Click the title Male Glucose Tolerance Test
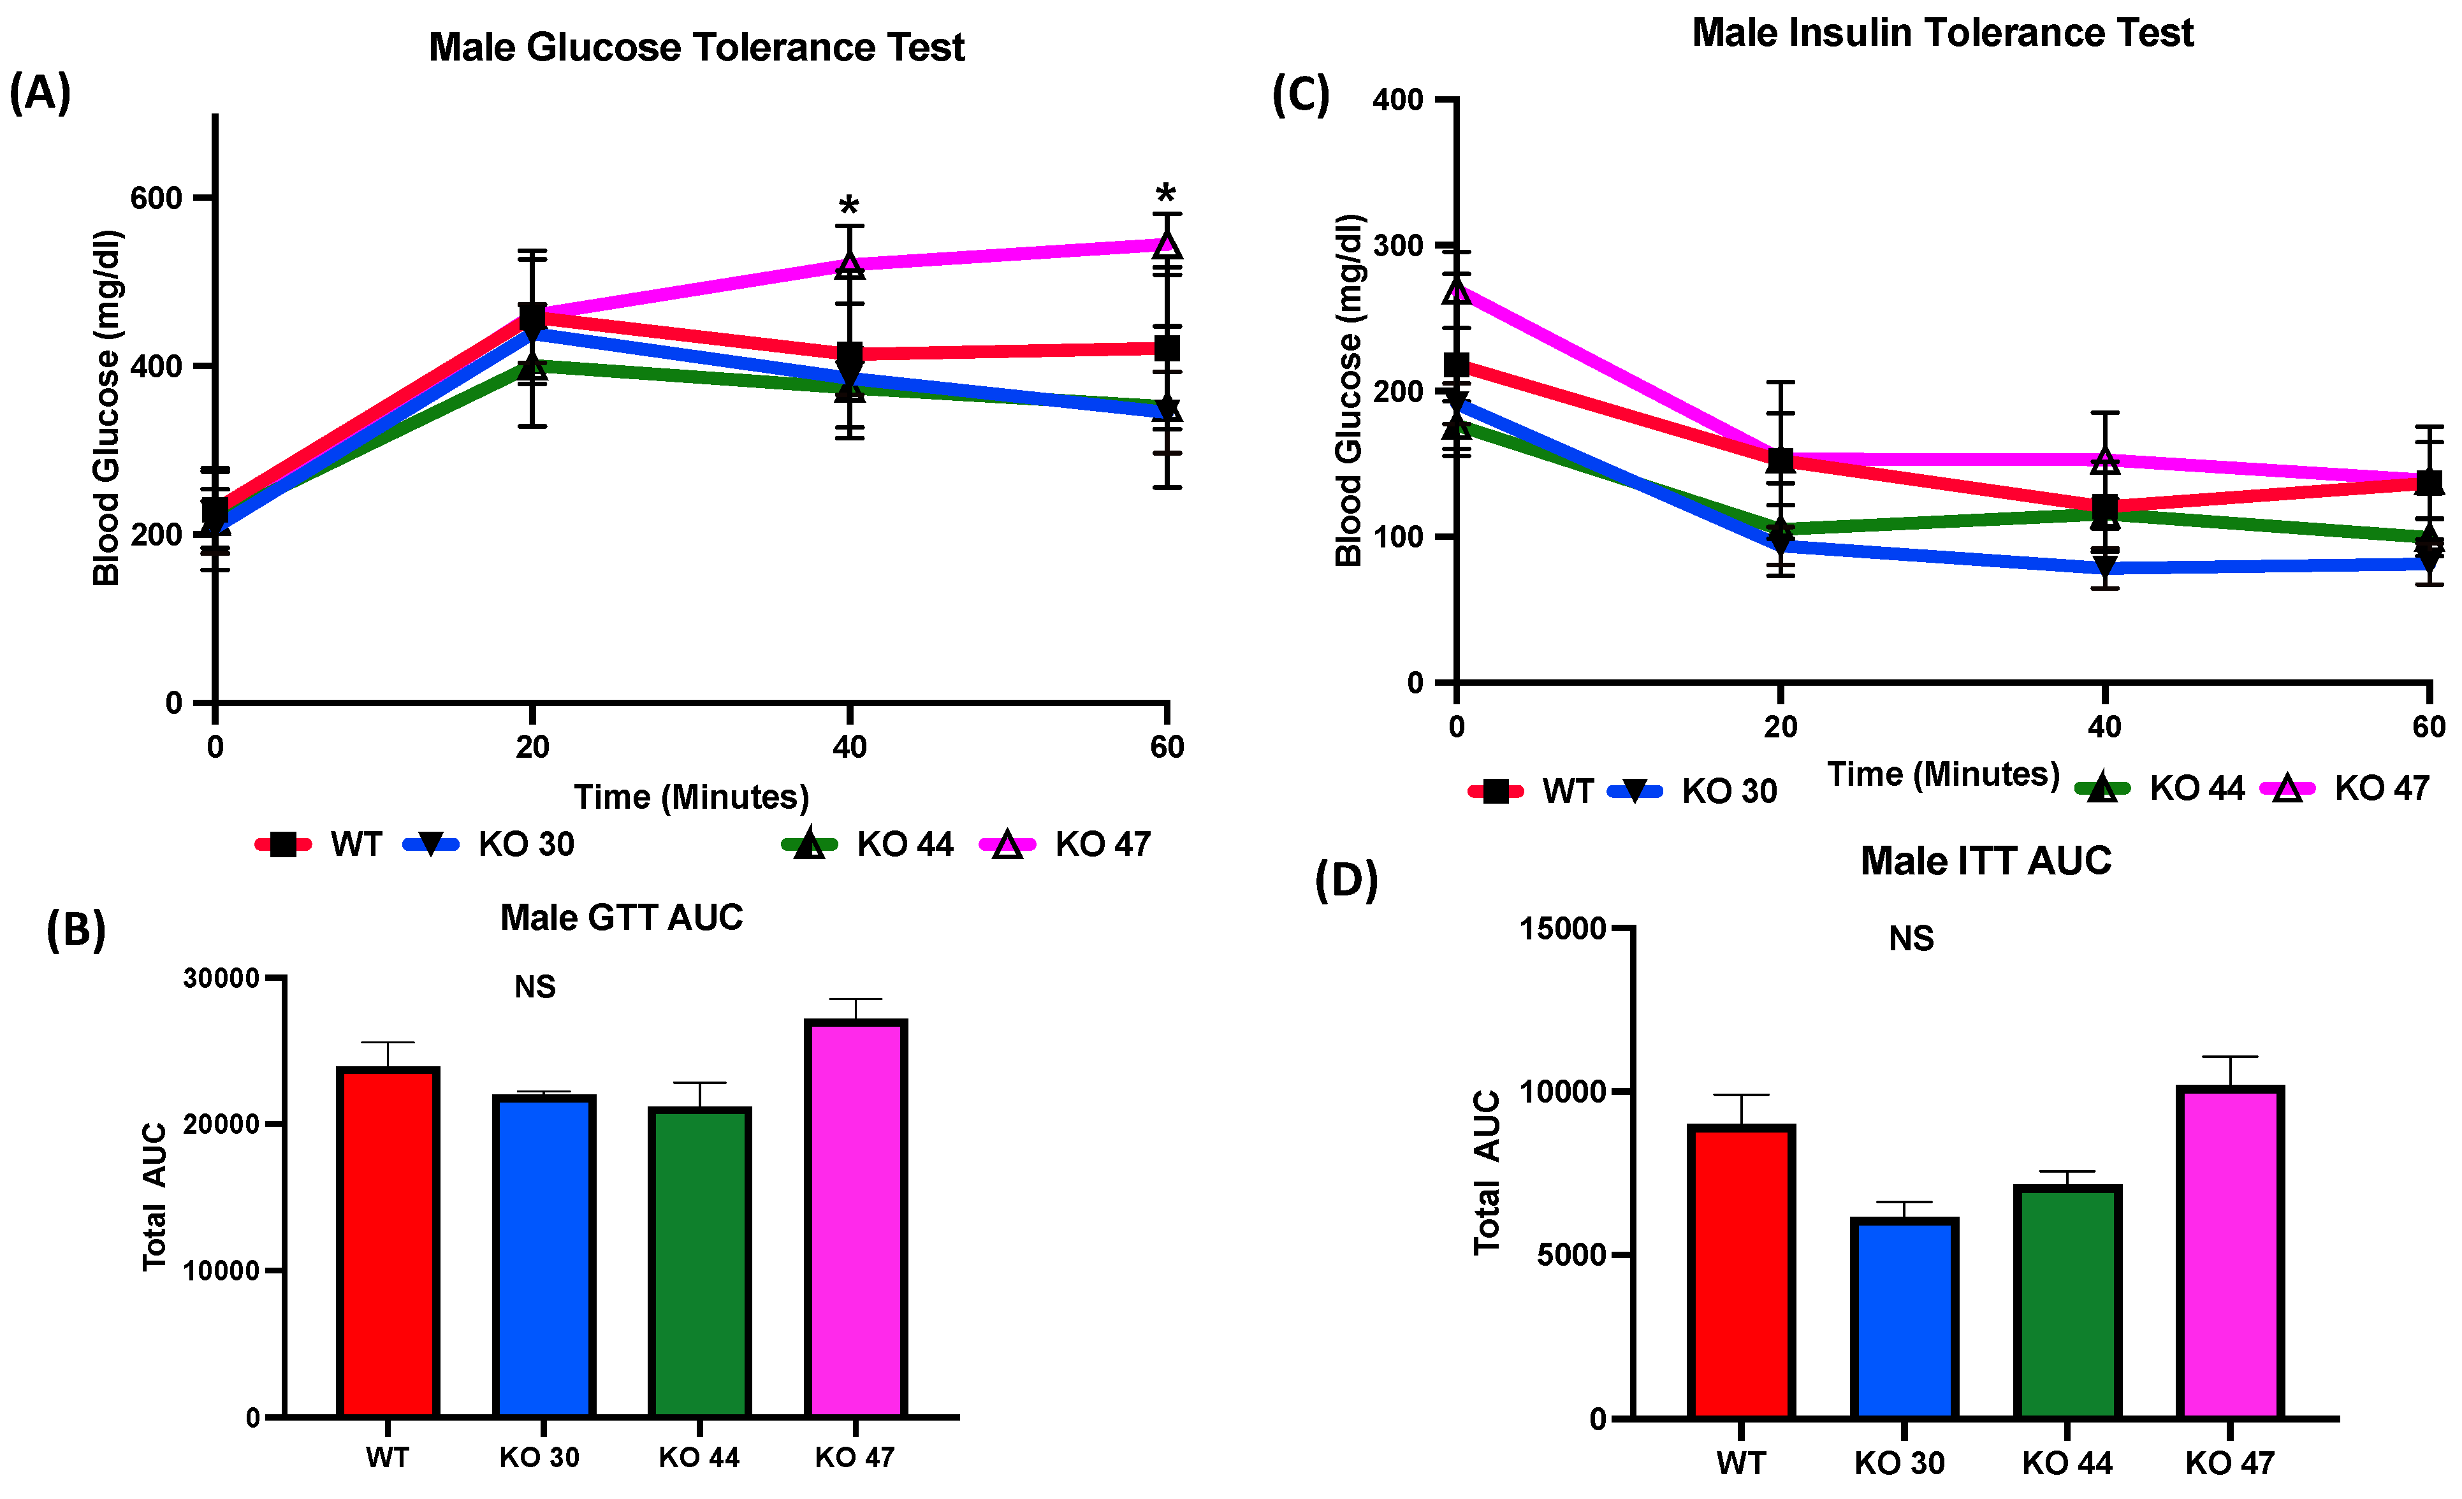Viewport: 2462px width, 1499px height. (696, 48)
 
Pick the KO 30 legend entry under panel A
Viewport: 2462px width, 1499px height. (490, 844)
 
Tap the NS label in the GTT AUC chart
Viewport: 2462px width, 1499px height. (535, 987)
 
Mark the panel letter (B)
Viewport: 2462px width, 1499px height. (76, 930)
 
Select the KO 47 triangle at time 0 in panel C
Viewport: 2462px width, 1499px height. (1457, 289)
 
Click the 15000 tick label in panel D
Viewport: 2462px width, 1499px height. (1562, 929)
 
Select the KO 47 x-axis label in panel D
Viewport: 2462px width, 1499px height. (2229, 1463)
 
